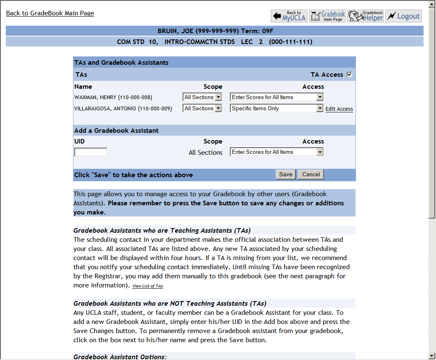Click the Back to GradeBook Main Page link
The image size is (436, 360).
pos(50,13)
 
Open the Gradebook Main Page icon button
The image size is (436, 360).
pos(327,16)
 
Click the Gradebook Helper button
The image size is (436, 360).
pos(365,16)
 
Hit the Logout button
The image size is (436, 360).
pos(403,16)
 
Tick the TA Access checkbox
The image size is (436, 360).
pos(349,75)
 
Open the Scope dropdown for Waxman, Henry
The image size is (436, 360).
pos(202,97)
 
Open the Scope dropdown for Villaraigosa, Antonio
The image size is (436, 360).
pos(202,108)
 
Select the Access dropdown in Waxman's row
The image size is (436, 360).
pos(276,97)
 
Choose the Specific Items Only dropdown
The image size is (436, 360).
pos(276,108)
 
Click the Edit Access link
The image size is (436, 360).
pos(339,109)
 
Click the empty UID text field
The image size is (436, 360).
pos(90,152)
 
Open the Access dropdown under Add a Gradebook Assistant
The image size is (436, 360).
pos(276,152)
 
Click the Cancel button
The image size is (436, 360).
pos(311,175)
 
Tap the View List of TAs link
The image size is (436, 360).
pos(147,286)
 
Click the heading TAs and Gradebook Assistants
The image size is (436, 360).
pos(121,63)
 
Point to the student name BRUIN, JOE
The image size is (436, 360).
pos(175,31)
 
